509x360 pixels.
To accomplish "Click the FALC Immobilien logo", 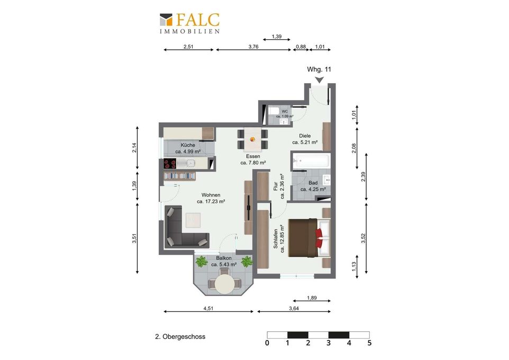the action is click(x=189, y=23).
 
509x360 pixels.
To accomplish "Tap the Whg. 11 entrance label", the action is click(x=319, y=69).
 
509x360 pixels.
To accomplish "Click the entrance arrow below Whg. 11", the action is click(x=320, y=79).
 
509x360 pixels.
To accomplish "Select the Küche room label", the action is click(x=188, y=145).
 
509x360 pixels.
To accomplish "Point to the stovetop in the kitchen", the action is click(x=169, y=164).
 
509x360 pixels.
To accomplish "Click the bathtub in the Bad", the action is click(x=311, y=160).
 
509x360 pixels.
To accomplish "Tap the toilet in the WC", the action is click(x=272, y=111).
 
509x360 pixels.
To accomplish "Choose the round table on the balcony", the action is click(x=225, y=284).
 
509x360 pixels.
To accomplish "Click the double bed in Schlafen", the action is click(x=309, y=238).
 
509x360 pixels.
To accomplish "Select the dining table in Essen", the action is click(x=252, y=139).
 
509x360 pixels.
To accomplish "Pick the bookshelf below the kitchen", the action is click(x=180, y=176).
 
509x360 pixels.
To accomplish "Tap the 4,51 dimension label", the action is click(x=208, y=308).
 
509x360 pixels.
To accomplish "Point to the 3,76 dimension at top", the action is click(x=253, y=47).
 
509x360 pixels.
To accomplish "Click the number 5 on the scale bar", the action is click(x=369, y=343).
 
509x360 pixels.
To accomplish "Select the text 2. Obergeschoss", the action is click(x=180, y=337).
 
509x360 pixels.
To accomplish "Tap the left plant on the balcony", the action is click(x=202, y=261).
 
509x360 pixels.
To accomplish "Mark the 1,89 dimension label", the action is click(x=312, y=298).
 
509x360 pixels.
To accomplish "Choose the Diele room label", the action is click(x=305, y=136).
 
